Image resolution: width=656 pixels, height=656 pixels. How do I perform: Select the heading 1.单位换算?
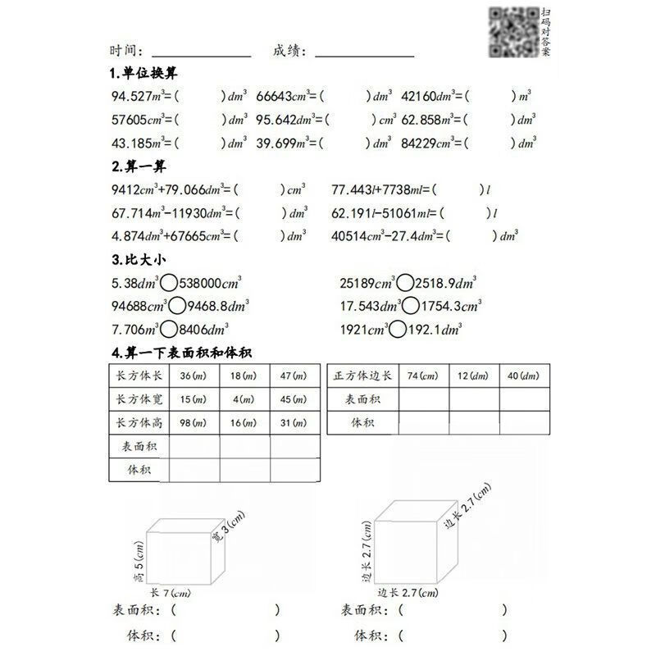143,73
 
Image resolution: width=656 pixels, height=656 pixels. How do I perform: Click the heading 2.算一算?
137,166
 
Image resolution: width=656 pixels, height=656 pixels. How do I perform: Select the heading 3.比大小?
137,261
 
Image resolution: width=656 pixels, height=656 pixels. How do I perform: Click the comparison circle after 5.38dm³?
168,284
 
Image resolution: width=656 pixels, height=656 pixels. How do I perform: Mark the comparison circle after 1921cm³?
397,330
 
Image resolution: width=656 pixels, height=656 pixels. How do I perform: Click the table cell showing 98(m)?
194,422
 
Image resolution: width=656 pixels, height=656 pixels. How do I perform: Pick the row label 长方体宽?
139,399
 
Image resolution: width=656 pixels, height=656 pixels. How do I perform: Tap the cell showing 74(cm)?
424,376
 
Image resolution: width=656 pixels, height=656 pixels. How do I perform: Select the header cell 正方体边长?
363,376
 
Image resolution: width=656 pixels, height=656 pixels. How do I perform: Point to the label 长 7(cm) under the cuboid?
170,593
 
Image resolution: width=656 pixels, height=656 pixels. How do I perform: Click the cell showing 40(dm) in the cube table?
523,376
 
